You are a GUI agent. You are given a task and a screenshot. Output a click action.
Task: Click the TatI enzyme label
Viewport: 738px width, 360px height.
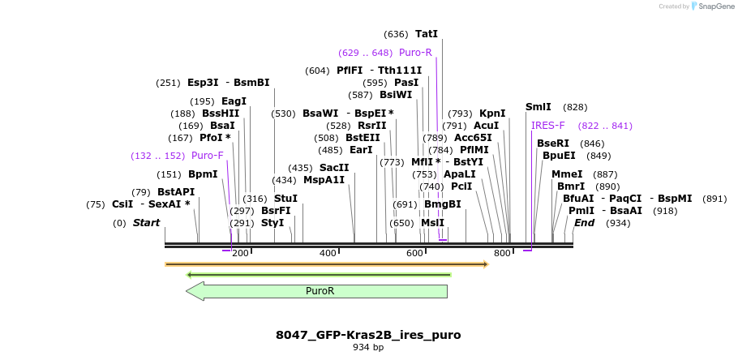426,34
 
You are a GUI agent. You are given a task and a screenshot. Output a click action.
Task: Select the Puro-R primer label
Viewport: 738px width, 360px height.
415,53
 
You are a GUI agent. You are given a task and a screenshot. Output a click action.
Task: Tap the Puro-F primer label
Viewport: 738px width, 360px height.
208,156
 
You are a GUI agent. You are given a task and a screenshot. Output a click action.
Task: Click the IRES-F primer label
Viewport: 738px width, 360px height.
548,126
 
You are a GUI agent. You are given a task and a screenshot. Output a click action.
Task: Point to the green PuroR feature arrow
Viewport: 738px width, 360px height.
320,291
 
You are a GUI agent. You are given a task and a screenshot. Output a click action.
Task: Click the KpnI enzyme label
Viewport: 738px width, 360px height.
492,114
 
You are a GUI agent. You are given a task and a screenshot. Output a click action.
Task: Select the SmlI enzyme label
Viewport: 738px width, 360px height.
538,107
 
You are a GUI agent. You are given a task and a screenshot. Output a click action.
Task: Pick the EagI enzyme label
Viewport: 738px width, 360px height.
234,101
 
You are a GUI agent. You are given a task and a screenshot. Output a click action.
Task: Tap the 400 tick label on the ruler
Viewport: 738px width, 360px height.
328,254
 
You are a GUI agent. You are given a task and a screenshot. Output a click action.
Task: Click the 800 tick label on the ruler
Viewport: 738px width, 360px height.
502,254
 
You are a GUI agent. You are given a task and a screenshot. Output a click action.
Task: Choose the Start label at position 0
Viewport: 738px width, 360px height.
146,223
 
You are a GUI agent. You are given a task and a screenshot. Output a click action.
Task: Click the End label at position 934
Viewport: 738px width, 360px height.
584,223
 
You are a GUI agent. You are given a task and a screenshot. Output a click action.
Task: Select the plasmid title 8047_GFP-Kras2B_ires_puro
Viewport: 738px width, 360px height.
368,335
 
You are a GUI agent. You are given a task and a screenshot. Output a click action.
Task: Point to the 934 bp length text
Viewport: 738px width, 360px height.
368,348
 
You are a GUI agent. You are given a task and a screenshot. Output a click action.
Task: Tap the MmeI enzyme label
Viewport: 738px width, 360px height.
567,174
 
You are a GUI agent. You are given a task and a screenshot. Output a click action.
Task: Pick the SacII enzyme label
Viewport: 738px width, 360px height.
334,168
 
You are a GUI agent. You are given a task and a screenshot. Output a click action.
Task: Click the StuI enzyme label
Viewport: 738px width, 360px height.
285,199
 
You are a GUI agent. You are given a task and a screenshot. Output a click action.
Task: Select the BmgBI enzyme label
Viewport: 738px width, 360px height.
442,204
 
